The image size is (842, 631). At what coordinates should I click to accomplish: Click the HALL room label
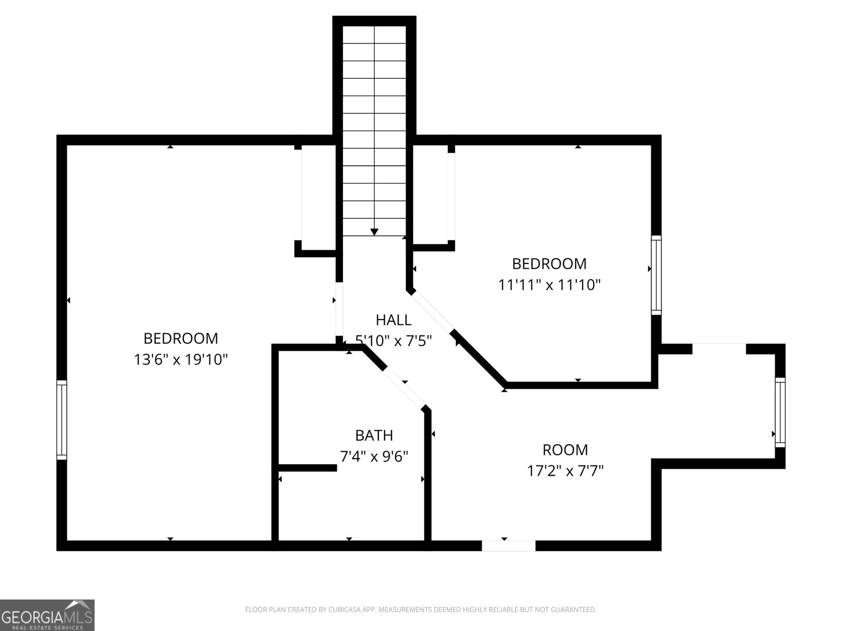394,320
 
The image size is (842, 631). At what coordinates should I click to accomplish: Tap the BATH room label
374,435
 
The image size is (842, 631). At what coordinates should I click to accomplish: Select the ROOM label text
565,450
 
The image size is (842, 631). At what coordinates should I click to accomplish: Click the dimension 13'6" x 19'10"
181,360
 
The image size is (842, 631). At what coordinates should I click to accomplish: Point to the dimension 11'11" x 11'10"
549,285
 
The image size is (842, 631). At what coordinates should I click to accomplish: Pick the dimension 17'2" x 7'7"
565,471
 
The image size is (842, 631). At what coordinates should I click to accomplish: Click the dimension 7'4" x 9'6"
374,456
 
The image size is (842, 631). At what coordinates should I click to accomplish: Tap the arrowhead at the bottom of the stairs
374,232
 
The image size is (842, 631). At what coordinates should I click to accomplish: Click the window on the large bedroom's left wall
62,420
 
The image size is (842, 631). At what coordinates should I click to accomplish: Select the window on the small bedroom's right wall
656,275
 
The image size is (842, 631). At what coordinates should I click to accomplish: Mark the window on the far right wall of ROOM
780,412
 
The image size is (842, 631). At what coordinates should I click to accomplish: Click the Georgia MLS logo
47,615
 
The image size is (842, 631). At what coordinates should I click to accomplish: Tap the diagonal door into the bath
404,388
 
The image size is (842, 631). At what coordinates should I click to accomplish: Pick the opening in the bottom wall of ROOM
509,546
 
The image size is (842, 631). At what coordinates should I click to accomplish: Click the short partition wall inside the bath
307,468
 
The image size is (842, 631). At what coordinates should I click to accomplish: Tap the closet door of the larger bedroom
298,195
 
